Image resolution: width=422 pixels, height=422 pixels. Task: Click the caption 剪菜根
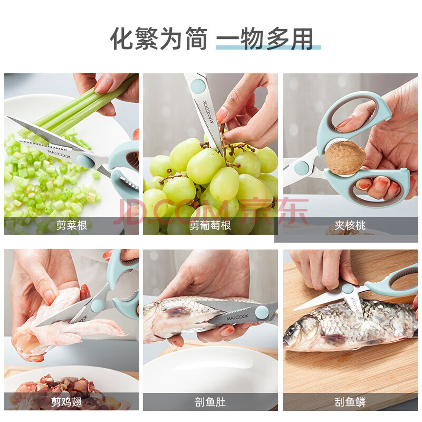[x=72, y=225]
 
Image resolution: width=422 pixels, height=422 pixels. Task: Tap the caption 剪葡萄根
[x=210, y=225]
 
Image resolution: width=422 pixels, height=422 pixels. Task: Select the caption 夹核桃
[x=350, y=225]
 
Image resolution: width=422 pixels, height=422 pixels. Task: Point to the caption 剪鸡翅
[x=66, y=402]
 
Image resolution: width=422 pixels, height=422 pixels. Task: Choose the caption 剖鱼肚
[x=210, y=402]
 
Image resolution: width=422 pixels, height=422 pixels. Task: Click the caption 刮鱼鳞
[x=350, y=402]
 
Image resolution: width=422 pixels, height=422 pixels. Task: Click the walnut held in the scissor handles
[x=346, y=158]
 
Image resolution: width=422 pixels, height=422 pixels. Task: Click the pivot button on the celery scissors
[x=85, y=160]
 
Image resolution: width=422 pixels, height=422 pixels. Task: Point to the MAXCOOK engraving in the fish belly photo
[x=237, y=318]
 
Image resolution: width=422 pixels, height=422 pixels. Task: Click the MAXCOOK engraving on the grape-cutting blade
[x=208, y=112]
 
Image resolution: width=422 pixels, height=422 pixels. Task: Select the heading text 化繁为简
[x=159, y=39]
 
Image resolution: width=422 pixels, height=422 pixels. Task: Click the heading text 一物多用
[x=265, y=39]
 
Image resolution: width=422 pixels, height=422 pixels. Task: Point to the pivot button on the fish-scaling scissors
[x=347, y=289]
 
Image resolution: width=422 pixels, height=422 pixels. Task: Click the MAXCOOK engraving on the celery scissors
[x=60, y=154]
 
